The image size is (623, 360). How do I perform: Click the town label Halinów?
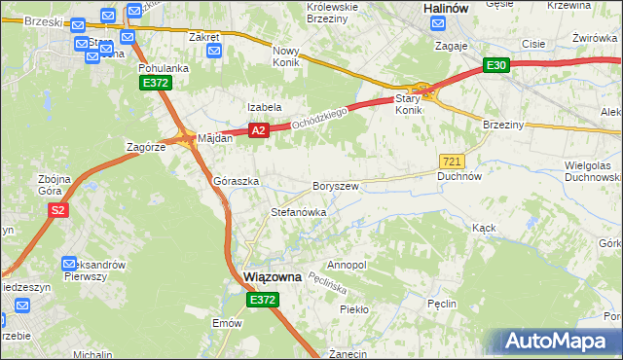449,7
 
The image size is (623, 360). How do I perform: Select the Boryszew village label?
337,185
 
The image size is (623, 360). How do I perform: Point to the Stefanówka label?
298,211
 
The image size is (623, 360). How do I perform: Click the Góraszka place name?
236,182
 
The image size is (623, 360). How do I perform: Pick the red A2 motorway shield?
257,129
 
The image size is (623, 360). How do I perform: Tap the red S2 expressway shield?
58,209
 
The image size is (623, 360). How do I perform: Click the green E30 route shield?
496,65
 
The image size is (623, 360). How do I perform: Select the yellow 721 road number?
451,161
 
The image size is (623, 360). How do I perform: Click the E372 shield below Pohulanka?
156,85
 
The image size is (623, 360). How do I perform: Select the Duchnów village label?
459,177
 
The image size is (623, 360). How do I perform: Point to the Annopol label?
347,265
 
